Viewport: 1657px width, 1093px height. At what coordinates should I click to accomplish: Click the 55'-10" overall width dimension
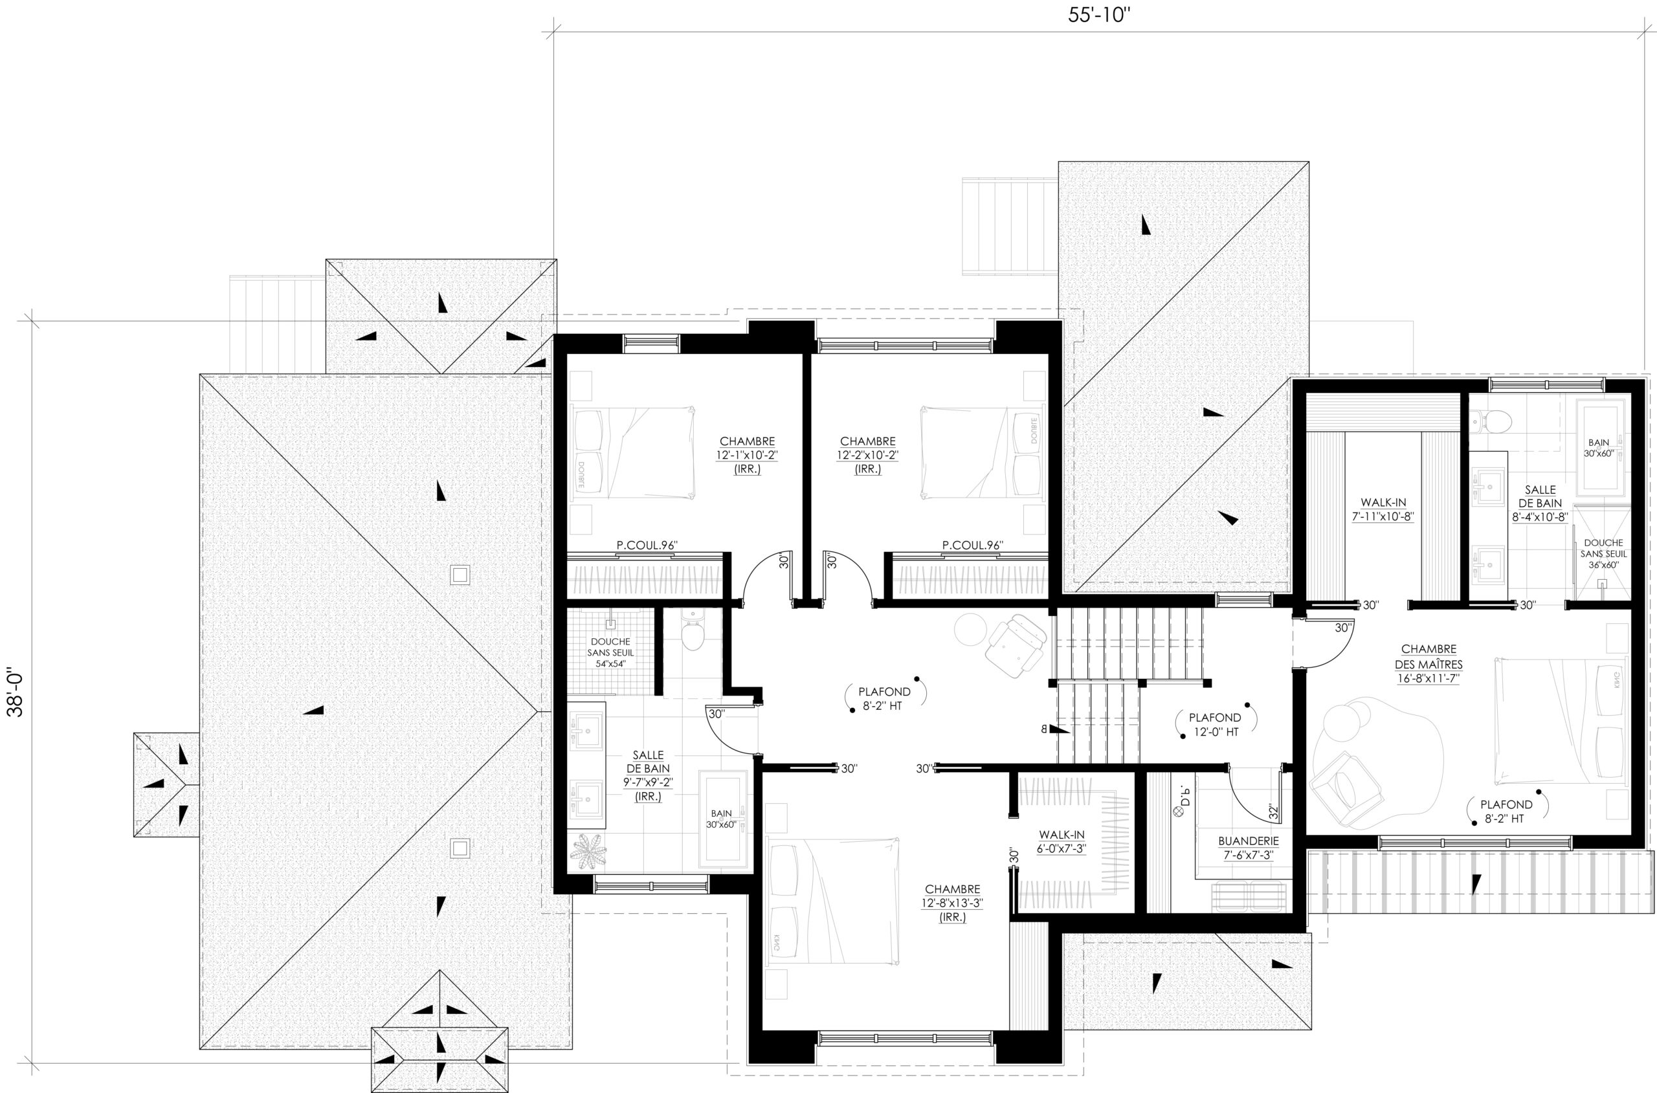pos(1098,16)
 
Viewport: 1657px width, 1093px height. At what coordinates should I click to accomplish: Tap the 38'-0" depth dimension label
pos(16,693)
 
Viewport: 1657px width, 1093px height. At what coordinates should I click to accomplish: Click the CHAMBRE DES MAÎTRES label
pos(1429,663)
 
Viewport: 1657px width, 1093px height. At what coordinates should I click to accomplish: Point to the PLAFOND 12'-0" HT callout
pos(1215,724)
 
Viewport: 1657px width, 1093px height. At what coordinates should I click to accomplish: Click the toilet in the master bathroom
pos(1491,421)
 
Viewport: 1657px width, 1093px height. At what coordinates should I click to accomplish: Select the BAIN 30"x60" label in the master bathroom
pos(1599,448)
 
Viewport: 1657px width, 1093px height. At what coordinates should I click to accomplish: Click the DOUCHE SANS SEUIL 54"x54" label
pos(610,652)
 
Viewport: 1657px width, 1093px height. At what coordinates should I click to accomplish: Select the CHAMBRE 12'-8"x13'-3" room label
pos(952,903)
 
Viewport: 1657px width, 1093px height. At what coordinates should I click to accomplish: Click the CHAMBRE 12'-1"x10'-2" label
pos(746,455)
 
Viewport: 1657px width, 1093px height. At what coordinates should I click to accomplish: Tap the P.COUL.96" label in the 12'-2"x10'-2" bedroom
pos(972,546)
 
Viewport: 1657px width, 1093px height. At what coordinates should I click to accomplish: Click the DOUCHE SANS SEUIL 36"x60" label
pos(1603,553)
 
